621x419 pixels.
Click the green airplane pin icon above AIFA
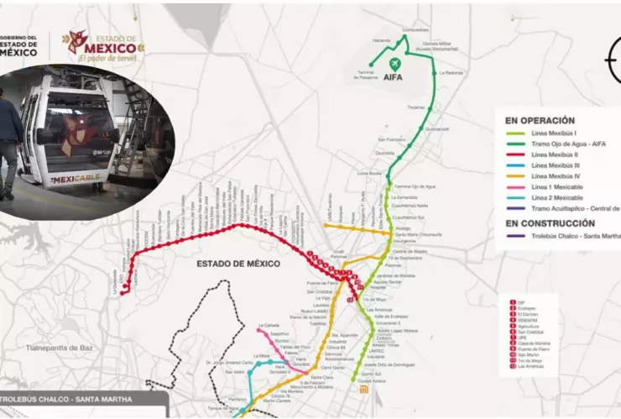coord(394,64)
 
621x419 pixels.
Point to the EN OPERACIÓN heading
coord(535,120)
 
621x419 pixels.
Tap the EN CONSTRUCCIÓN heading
coord(550,223)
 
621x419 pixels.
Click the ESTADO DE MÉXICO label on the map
coord(238,264)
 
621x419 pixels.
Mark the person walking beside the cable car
coord(10,143)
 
